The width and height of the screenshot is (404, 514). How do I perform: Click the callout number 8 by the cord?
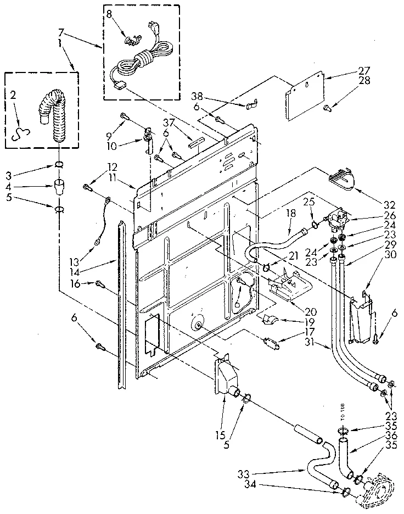coord(109,16)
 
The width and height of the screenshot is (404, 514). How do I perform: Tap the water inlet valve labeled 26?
coord(335,219)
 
